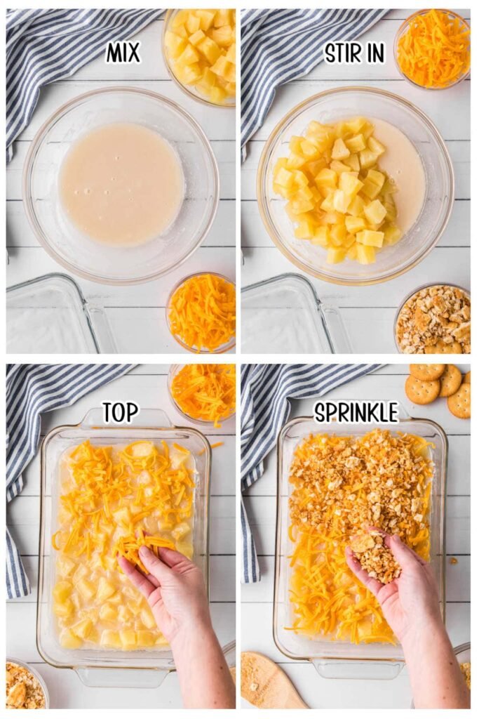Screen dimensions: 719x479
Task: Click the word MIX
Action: pyautogui.click(x=123, y=53)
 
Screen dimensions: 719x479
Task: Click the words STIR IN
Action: pyautogui.click(x=355, y=53)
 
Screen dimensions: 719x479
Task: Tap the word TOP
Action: pyautogui.click(x=120, y=412)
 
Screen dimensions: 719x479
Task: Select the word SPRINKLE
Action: pyautogui.click(x=356, y=412)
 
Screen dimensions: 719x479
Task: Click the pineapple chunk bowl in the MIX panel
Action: pyautogui.click(x=201, y=53)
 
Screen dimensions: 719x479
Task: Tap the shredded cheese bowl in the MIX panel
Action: pyautogui.click(x=202, y=312)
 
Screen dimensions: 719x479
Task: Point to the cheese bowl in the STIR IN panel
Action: pyautogui.click(x=433, y=47)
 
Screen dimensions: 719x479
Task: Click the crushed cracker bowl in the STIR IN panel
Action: pyautogui.click(x=433, y=319)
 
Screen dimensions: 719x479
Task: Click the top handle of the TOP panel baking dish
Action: pyautogui.click(x=125, y=419)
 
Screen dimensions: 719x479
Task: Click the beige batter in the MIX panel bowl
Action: pyautogui.click(x=121, y=184)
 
